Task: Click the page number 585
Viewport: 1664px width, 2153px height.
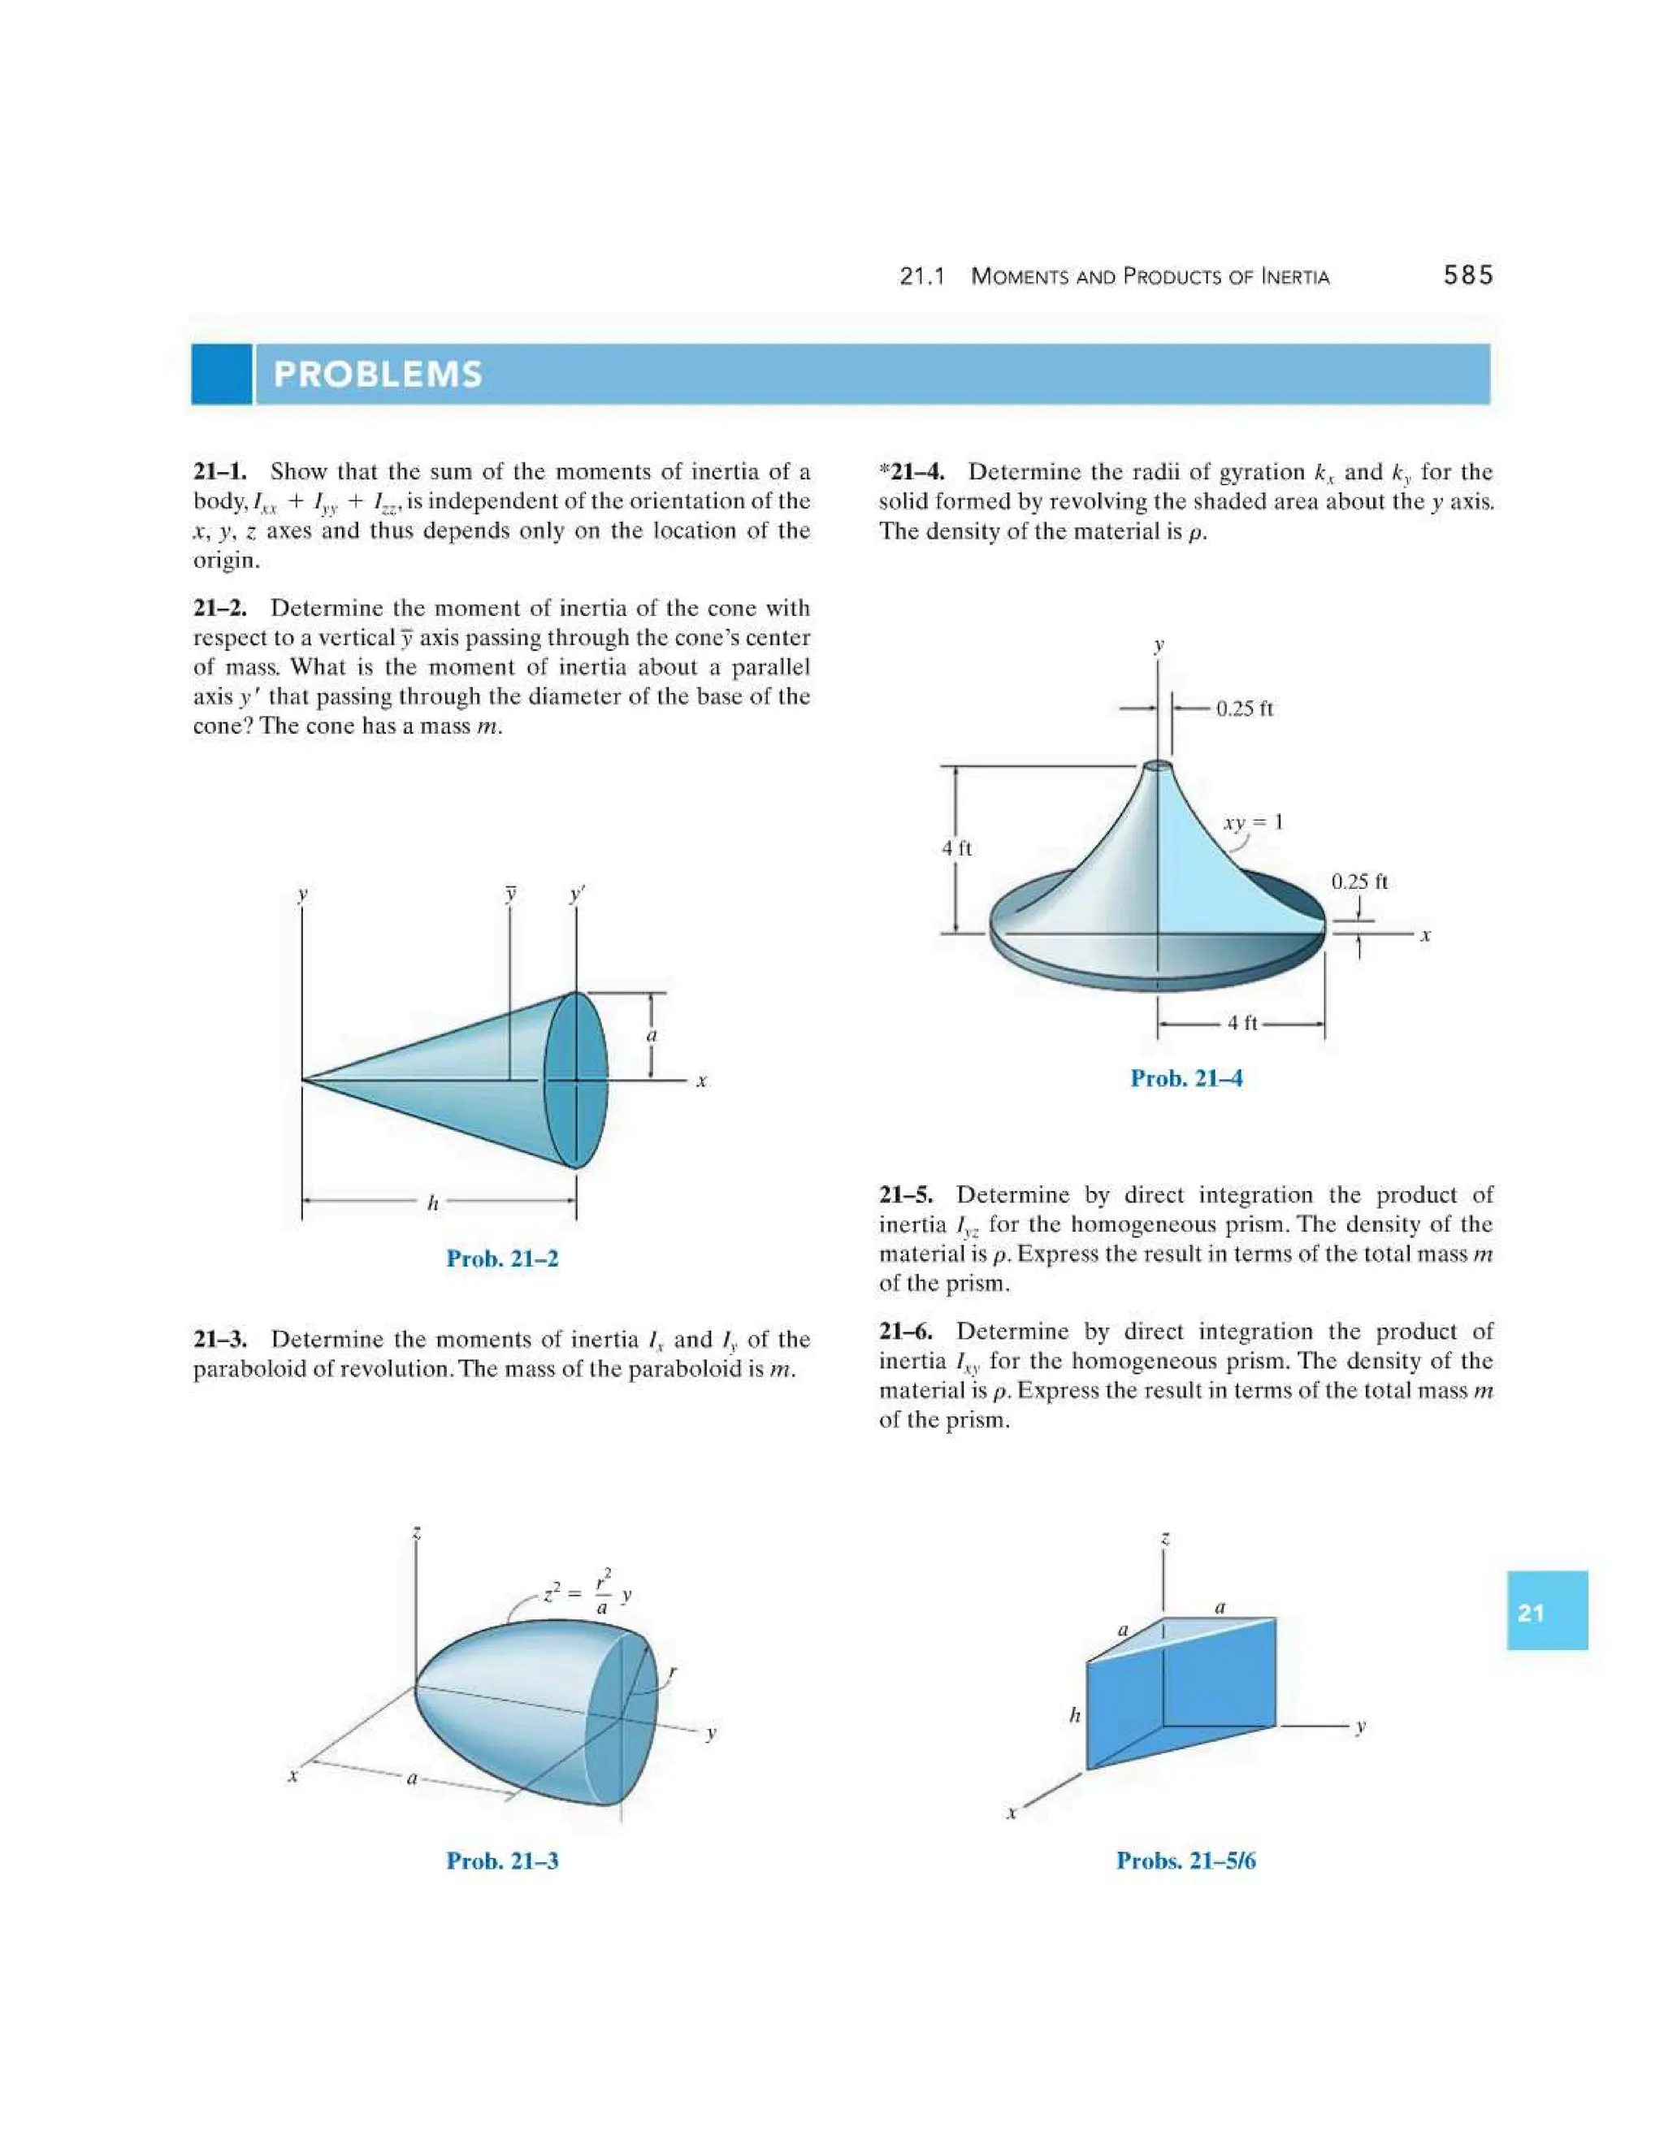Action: tap(1468, 276)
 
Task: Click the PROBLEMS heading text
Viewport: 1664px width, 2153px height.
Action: tap(378, 375)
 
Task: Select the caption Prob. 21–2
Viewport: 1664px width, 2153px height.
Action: tap(502, 1258)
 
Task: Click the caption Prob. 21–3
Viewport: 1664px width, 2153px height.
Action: tap(502, 1861)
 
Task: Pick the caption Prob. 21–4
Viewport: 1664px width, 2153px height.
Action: tap(1186, 1078)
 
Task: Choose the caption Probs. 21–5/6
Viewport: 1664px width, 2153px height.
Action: tap(1186, 1861)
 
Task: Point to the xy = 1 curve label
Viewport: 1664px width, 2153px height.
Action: tap(1253, 822)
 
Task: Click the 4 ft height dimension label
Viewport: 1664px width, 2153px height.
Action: tap(956, 847)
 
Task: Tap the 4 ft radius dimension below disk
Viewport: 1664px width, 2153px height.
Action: tap(1242, 1023)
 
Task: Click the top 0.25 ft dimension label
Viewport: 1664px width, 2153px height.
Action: tap(1244, 708)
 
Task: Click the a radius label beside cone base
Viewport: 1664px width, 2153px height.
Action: tap(651, 1035)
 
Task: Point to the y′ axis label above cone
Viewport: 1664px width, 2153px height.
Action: tap(578, 895)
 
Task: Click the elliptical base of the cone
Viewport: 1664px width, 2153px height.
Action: tap(577, 1081)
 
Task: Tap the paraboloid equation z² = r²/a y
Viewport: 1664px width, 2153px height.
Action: tap(587, 1595)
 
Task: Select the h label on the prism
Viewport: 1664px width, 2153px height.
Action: tap(1074, 1716)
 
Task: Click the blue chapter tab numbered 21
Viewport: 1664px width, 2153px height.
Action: tap(1545, 1613)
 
